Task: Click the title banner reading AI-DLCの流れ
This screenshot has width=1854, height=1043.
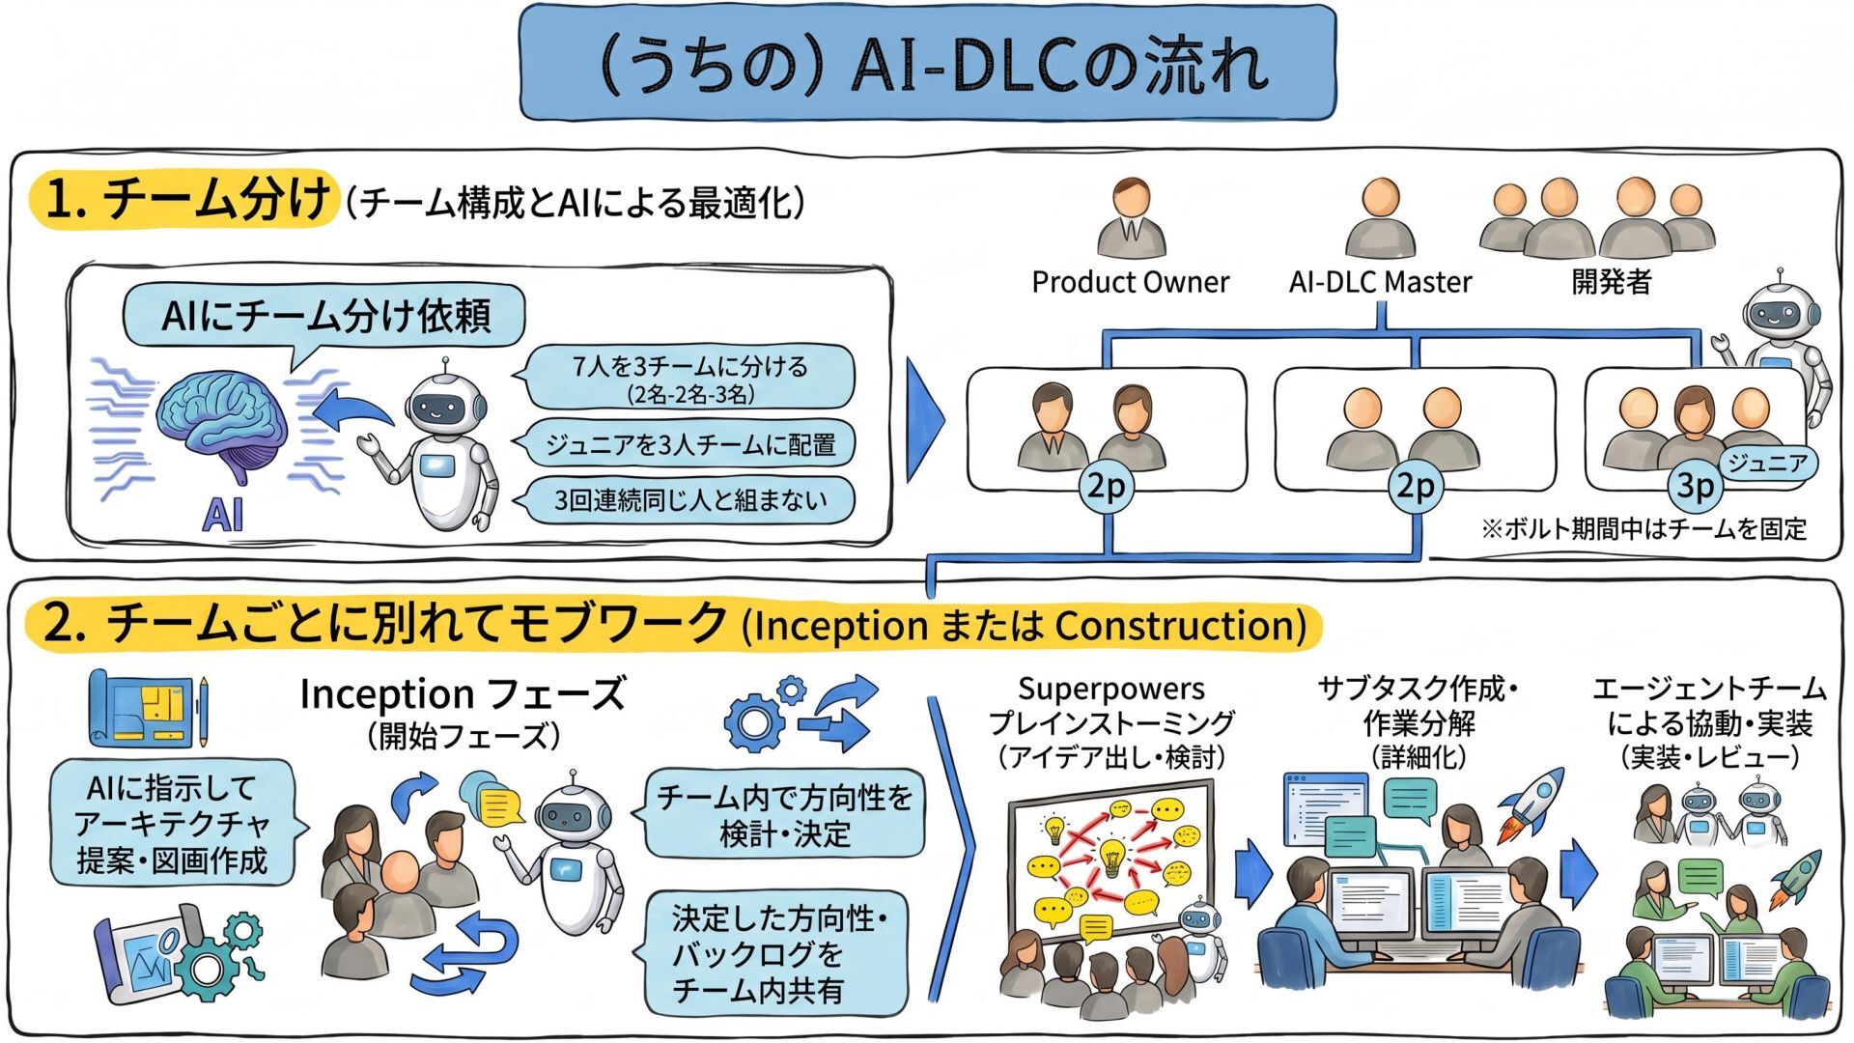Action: pyautogui.click(x=927, y=64)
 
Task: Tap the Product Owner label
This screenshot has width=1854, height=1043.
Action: pyautogui.click(x=1130, y=282)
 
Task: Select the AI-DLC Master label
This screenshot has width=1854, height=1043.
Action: pyautogui.click(x=1380, y=282)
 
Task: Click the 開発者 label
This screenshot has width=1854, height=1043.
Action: pyautogui.click(x=1612, y=282)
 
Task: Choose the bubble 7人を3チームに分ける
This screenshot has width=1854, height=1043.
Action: pyautogui.click(x=689, y=378)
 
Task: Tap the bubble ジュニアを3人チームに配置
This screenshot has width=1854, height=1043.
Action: pyautogui.click(x=689, y=445)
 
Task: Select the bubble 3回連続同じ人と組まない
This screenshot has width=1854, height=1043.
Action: pyautogui.click(x=689, y=500)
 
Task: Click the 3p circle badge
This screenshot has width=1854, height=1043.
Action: pyautogui.click(x=1695, y=486)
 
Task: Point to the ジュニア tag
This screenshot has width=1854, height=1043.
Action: pyautogui.click(x=1766, y=464)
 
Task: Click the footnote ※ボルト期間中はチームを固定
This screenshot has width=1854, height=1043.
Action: pyautogui.click(x=1643, y=529)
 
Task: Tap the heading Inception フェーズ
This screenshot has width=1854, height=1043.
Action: pyautogui.click(x=463, y=694)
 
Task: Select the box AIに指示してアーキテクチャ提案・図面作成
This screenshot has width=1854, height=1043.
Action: pyautogui.click(x=172, y=824)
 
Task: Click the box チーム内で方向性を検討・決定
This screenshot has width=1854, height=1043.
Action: pyautogui.click(x=784, y=814)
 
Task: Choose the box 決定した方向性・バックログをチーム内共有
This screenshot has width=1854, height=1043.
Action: pyautogui.click(x=778, y=953)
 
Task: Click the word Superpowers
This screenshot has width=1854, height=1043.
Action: pyautogui.click(x=1110, y=689)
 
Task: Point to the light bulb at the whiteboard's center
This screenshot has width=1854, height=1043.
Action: pyautogui.click(x=1111, y=854)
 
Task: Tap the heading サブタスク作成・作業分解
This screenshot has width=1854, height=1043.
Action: pyautogui.click(x=1418, y=706)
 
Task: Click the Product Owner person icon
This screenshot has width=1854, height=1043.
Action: pyautogui.click(x=1131, y=217)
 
